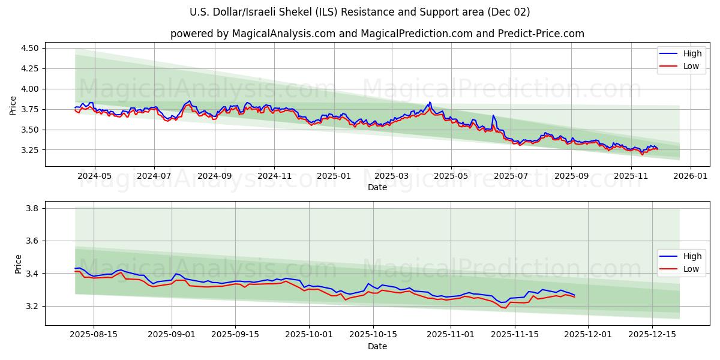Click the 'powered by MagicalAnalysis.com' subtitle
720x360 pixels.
pyautogui.click(x=377, y=34)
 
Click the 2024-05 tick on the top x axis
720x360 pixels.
pyautogui.click(x=95, y=176)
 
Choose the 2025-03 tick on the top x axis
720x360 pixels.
pyautogui.click(x=392, y=176)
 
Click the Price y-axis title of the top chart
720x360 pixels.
pyautogui.click(x=13, y=106)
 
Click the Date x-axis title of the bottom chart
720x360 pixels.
pyautogui.click(x=377, y=346)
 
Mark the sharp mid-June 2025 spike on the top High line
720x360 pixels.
pyautogui.click(x=493, y=115)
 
